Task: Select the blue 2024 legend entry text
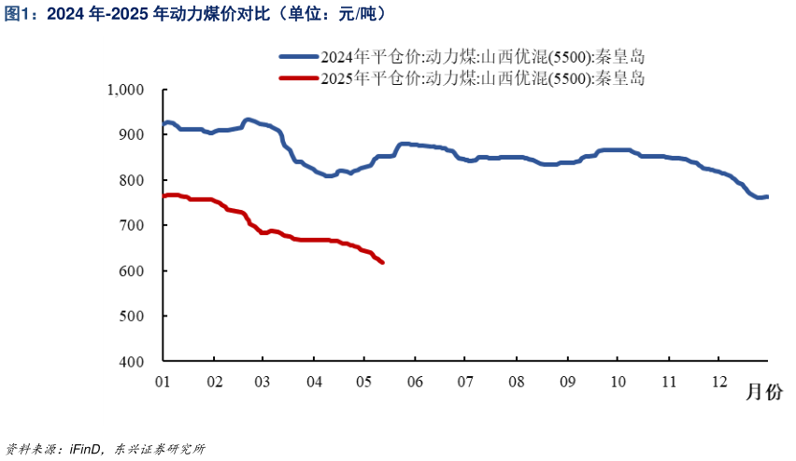pos(482,57)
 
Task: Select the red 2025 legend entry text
pos(482,78)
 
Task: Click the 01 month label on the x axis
pos(163,382)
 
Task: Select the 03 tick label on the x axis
pos(263,382)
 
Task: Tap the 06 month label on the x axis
pos(415,382)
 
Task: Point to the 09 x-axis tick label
pos(567,382)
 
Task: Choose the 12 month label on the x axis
pos(718,382)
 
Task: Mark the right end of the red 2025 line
pos(382,262)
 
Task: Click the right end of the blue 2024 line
pos(767,196)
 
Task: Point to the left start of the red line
pos(164,196)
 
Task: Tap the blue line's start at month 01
pos(164,124)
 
